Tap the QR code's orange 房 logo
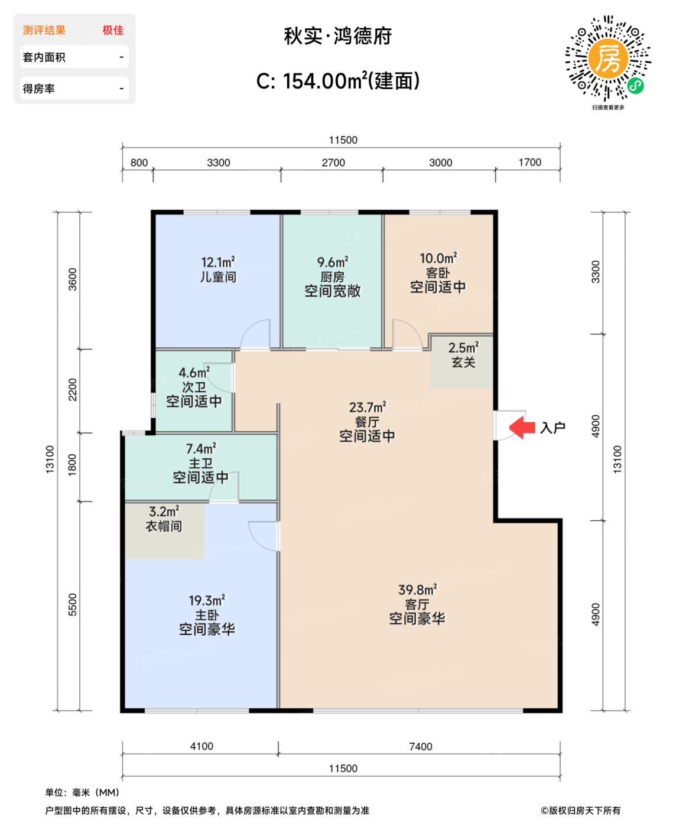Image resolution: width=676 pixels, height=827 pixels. [607, 58]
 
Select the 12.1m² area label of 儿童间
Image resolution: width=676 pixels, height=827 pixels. [217, 262]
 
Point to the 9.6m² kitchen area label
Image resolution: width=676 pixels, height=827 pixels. [332, 262]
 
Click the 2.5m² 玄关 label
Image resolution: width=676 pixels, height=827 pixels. [463, 354]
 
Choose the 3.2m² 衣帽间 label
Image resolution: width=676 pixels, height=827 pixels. [164, 519]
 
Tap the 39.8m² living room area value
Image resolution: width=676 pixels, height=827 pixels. [417, 590]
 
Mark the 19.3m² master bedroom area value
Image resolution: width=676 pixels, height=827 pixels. [207, 600]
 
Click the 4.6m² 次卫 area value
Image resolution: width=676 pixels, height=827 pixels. [194, 372]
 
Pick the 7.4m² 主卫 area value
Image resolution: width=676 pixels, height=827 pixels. [201, 448]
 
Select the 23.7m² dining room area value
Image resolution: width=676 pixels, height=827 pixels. [368, 407]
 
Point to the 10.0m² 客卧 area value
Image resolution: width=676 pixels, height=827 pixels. [438, 258]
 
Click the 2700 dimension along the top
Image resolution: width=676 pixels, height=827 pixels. [333, 162]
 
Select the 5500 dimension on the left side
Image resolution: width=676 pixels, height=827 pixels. [73, 605]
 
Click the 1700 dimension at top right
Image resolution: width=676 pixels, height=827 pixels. [529, 162]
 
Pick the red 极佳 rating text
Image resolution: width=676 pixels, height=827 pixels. [113, 30]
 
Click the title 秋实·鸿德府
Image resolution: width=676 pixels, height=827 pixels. [338, 37]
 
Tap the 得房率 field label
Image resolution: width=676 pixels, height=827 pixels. [38, 89]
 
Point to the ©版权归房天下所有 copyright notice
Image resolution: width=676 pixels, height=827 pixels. [581, 810]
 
